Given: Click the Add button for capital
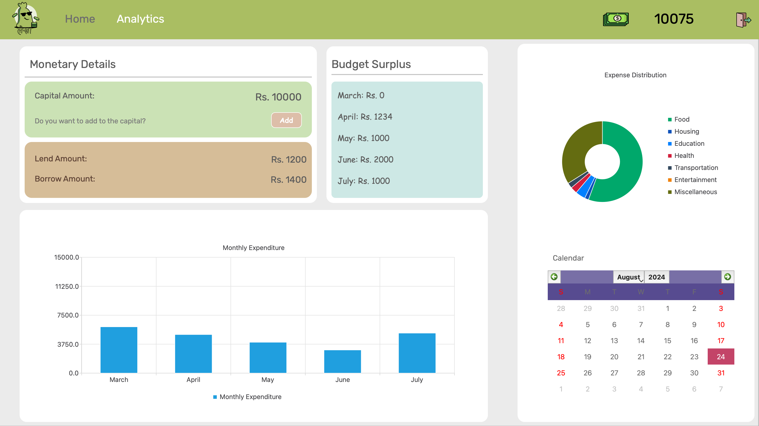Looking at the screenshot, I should coord(286,120).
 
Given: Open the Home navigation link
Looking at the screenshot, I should coord(80,19).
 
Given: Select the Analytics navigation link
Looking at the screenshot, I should coord(140,19).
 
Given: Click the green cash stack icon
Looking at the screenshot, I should coord(615,19).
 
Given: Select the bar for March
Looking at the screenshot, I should coord(119,350).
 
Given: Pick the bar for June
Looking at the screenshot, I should coord(342,361).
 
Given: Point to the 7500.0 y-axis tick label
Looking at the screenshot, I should coord(68,315).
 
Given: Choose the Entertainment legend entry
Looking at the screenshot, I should coord(695,180).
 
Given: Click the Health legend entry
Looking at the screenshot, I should coord(684,156).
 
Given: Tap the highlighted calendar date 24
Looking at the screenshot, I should coord(721,357).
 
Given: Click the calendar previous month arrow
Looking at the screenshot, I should coord(554,277).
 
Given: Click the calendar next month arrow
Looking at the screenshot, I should coord(727,277).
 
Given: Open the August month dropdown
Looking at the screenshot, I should coord(629,277).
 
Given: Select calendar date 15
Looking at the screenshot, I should coord(667,341).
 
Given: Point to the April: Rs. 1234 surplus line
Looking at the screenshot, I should coord(365,117).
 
